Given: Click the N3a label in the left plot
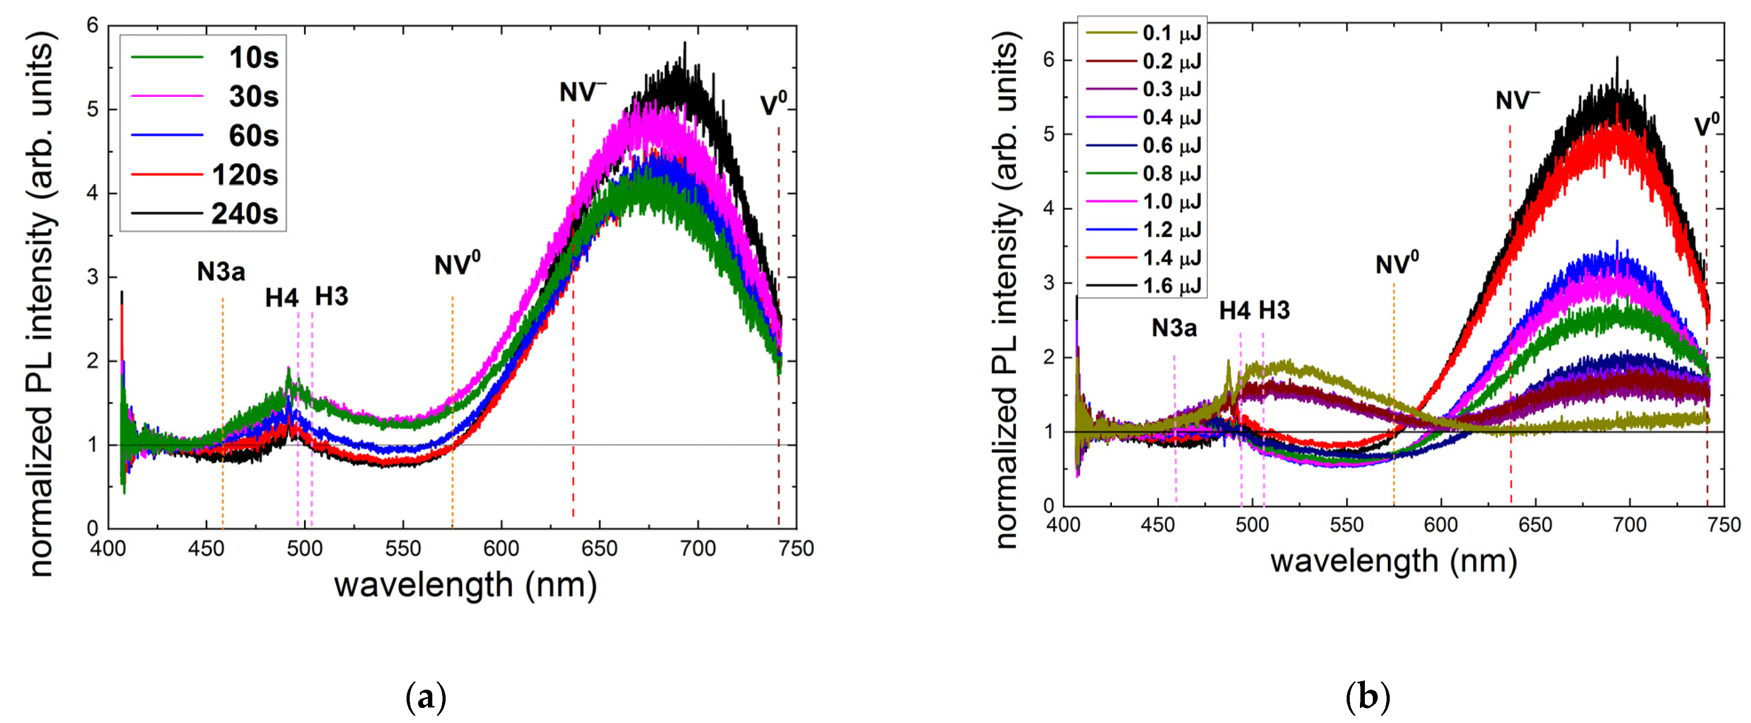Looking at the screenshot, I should click(x=221, y=272).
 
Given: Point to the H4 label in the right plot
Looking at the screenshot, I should click(x=1234, y=311).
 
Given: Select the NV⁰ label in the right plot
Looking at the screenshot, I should click(x=1397, y=264).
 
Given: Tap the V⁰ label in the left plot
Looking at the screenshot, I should click(x=773, y=104).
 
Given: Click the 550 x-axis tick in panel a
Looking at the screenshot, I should click(x=403, y=548).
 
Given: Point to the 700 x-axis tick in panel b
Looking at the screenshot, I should click(x=1630, y=525).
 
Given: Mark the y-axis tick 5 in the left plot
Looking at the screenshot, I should click(x=94, y=110).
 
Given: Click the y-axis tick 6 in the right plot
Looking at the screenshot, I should click(x=1049, y=60).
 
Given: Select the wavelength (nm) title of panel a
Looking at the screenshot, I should click(x=466, y=585).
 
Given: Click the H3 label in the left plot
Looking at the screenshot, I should click(x=332, y=297).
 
